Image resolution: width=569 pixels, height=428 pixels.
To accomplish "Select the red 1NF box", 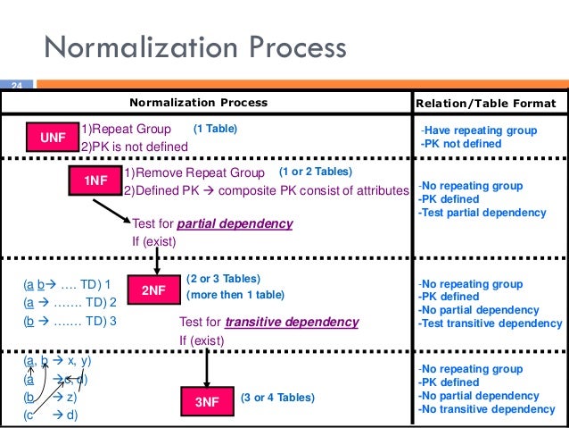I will (95, 180).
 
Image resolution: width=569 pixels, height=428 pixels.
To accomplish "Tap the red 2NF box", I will (154, 289).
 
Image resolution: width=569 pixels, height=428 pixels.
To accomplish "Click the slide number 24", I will (14, 86).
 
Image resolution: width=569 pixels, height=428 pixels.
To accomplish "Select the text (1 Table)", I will (216, 129).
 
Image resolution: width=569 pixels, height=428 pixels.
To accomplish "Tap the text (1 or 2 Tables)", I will (316, 171).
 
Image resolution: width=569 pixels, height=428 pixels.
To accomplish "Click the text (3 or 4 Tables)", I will (277, 397).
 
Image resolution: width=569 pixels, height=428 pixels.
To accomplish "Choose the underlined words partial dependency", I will (235, 223).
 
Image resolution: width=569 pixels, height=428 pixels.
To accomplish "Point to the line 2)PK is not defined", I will (135, 147).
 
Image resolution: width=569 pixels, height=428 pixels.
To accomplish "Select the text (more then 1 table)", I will (235, 295).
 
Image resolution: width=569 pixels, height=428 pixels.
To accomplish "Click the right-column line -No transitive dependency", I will (486, 409).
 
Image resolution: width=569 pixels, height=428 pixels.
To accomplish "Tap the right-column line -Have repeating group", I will (479, 130).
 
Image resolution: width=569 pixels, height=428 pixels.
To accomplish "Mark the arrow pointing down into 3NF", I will (207, 366).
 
